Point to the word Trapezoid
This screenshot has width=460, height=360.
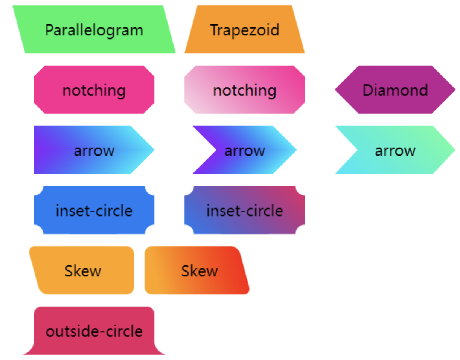click(x=245, y=30)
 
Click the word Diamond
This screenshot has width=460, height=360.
click(x=395, y=90)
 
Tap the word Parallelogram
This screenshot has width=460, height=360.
click(x=94, y=30)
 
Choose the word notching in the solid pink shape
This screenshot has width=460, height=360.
click(x=94, y=90)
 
